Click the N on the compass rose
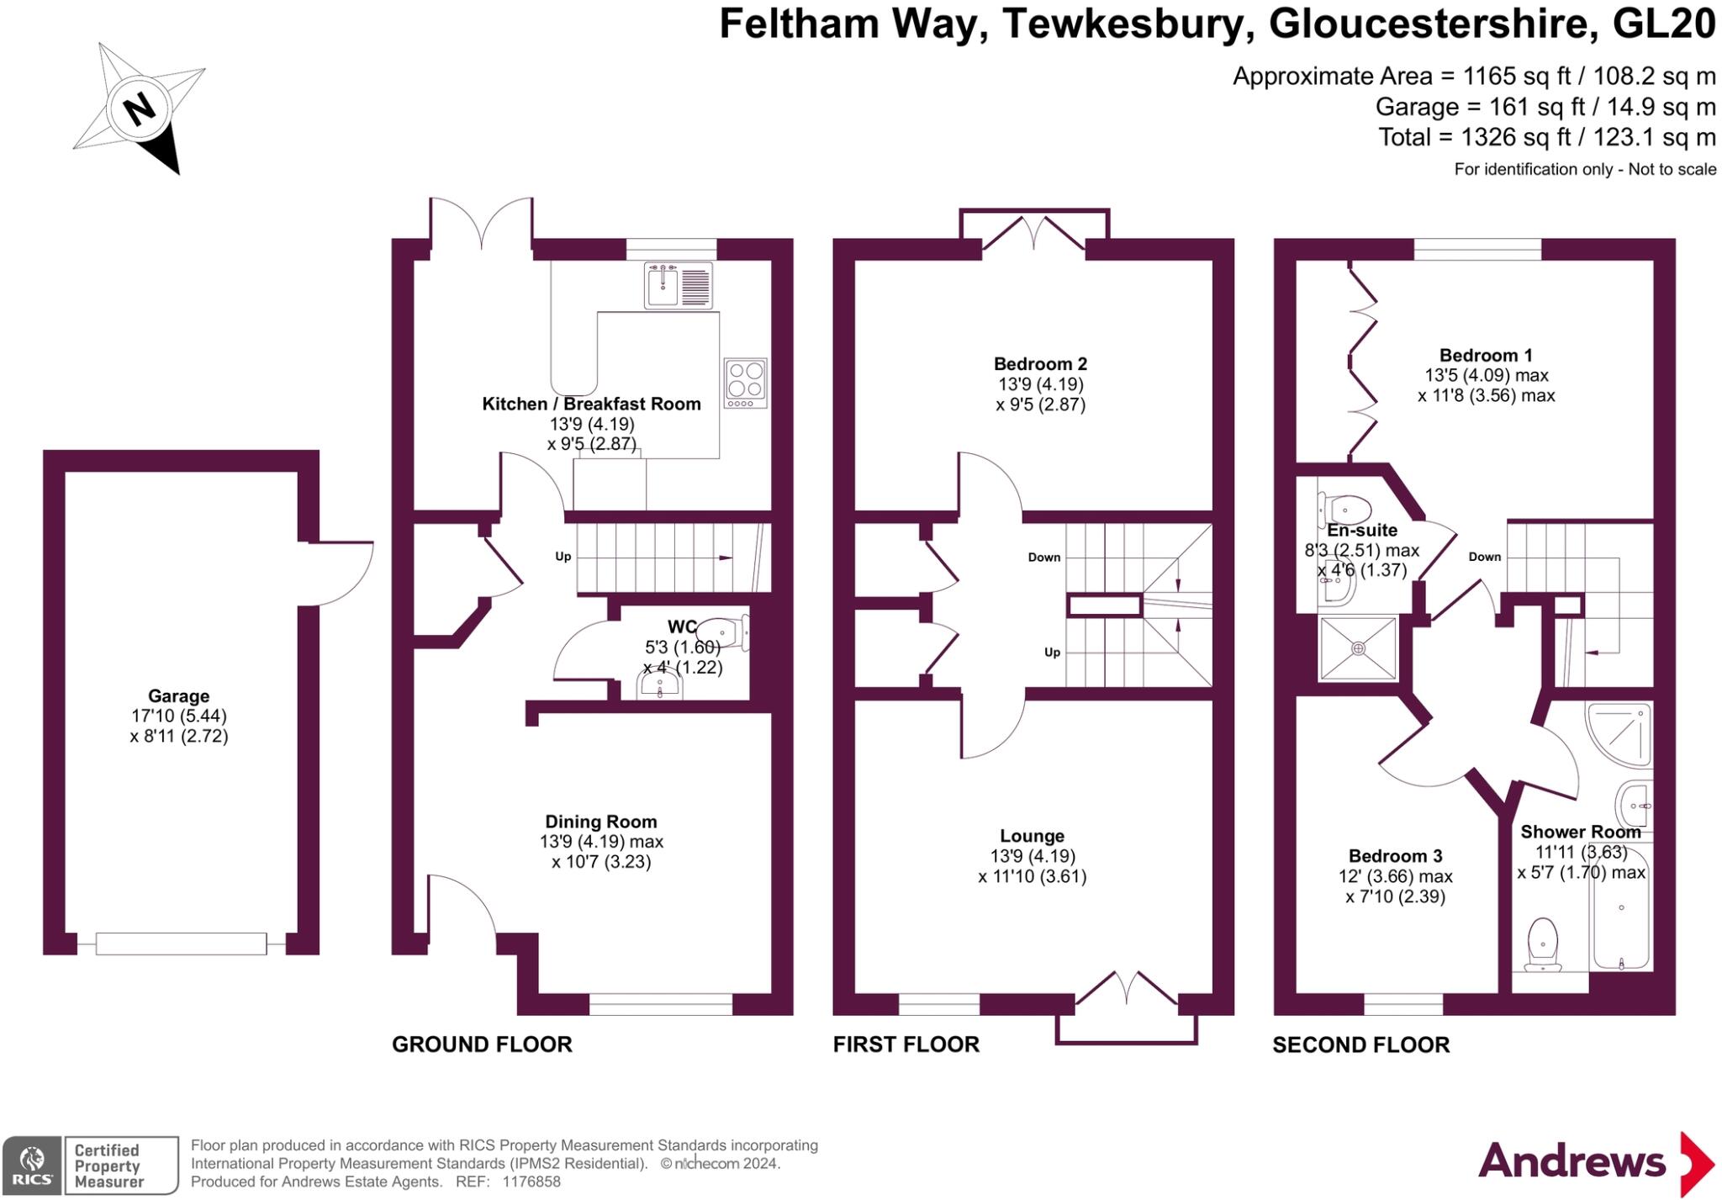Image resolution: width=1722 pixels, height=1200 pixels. [x=140, y=109]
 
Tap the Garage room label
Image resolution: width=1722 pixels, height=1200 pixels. [x=178, y=696]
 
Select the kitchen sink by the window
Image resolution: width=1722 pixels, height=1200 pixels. [x=678, y=284]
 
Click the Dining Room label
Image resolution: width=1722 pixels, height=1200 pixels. [x=601, y=822]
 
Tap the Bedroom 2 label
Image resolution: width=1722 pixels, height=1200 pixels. [x=1040, y=364]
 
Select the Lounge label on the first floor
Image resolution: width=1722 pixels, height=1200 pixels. [x=1032, y=836]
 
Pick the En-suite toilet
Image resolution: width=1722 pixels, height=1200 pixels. [x=1346, y=508]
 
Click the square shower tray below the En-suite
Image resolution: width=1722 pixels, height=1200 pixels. [x=1358, y=648]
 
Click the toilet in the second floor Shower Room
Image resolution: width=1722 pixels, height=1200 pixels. [x=1541, y=944]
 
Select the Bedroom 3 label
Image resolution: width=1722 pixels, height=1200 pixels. [x=1395, y=856]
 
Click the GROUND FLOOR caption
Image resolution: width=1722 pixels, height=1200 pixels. [x=482, y=1044]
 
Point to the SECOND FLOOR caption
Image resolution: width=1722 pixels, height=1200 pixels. [x=1360, y=1045]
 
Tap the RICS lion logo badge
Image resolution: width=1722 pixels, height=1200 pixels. [x=32, y=1165]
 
